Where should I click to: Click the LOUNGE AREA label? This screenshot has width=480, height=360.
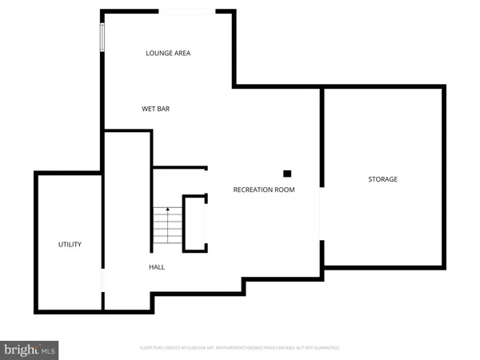[168, 54]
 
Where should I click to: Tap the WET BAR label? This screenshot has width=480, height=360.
[156, 109]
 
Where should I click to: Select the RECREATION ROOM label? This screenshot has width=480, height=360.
[264, 190]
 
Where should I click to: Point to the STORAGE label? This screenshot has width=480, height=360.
[382, 179]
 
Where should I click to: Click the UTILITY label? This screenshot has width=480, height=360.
[70, 244]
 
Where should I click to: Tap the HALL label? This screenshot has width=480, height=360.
[157, 266]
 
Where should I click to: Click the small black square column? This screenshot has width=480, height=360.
[287, 173]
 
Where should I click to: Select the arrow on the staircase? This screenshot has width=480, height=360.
[167, 210]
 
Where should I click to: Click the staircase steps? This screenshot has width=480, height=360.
[167, 226]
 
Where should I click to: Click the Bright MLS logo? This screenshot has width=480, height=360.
[30, 349]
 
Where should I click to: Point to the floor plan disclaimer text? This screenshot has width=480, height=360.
[239, 348]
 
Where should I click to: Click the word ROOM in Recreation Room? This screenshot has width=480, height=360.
[285, 190]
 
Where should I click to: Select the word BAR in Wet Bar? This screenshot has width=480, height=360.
[163, 109]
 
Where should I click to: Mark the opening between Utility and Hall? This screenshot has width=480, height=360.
[102, 280]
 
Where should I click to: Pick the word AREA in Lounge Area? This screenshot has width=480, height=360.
[182, 54]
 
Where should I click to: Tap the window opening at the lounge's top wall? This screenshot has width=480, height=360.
[188, 11]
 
